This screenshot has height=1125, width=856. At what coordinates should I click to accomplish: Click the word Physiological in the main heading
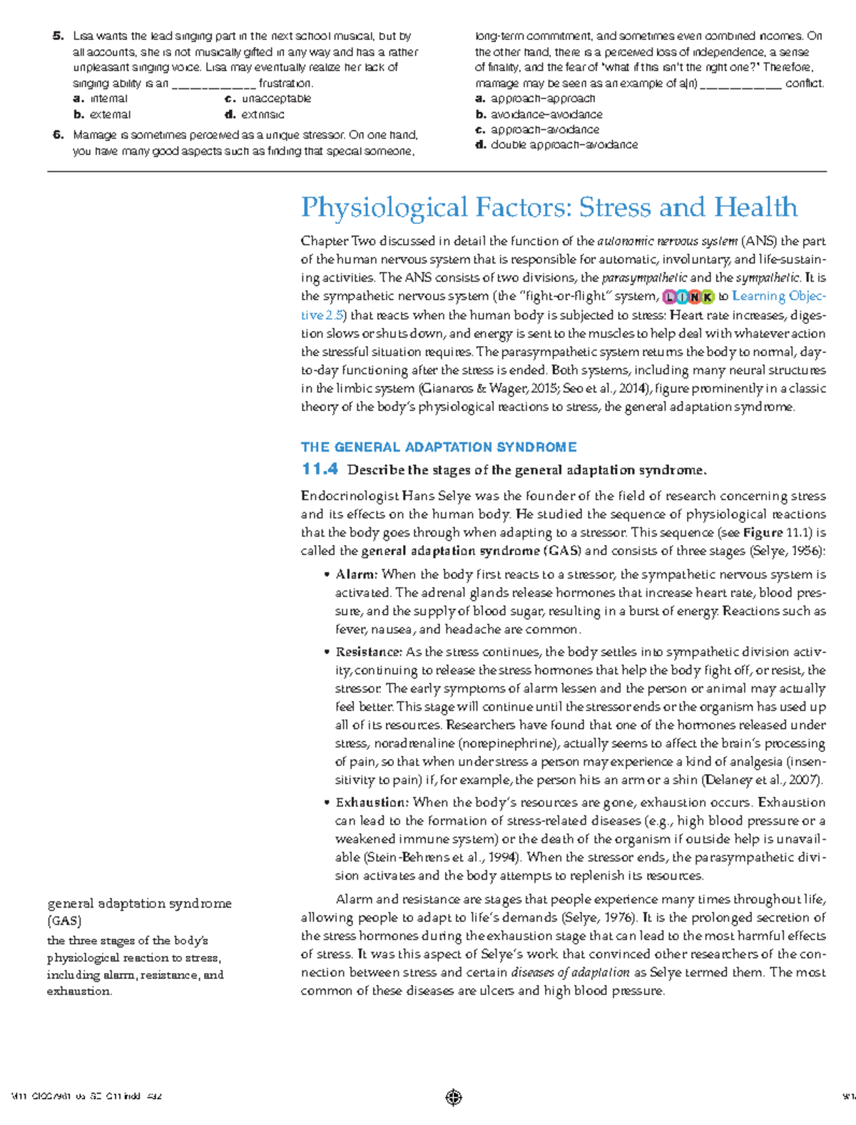384,208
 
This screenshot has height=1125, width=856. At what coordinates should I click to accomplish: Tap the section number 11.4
320,469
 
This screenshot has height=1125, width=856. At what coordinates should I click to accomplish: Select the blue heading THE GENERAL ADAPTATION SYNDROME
438,447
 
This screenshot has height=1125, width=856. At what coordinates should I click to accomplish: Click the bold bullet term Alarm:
356,574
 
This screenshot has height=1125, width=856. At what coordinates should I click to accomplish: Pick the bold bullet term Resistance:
368,652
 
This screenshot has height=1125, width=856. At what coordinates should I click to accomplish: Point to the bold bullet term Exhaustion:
372,803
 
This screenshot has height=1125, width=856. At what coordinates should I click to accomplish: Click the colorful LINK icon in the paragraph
688,297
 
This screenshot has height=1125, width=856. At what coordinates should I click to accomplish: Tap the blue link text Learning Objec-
779,296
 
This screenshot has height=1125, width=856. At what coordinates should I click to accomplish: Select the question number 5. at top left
58,36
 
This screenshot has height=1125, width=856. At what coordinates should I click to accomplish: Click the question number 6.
58,135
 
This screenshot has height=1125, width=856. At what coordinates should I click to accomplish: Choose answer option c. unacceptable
268,98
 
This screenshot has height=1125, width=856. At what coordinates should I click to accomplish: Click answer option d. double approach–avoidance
556,145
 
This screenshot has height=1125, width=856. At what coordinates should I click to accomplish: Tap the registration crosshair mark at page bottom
454,1097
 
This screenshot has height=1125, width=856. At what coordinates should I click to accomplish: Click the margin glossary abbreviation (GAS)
64,921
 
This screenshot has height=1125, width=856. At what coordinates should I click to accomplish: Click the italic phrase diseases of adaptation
571,972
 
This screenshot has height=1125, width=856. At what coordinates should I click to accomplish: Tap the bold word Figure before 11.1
763,533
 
